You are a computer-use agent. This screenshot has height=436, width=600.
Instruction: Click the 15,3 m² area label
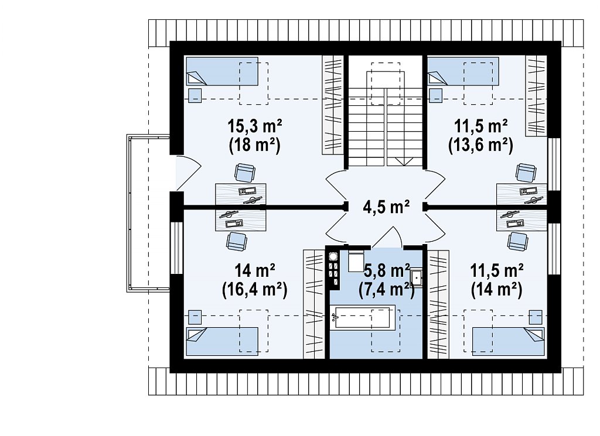coord(255,125)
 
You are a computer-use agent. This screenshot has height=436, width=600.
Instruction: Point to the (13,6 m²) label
coord(480,145)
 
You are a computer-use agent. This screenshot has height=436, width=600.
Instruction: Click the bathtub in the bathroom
coord(363,317)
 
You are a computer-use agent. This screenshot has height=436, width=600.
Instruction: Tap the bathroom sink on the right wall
coord(417,277)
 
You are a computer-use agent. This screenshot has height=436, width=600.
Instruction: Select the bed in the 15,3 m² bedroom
coord(222,71)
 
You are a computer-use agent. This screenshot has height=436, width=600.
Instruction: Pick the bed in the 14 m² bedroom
coord(222,341)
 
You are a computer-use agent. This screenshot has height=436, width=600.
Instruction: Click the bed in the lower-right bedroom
coord(508,341)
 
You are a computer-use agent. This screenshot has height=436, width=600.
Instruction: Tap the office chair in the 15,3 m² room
coord(244,173)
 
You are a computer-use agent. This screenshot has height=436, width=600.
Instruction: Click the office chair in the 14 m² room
coord(237,242)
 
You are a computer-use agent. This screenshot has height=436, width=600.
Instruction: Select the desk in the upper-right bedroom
coord(522,194)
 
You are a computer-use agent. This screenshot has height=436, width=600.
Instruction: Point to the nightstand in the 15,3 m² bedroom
coord(195,95)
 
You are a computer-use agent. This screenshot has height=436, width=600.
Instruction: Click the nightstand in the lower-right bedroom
coord(536,317)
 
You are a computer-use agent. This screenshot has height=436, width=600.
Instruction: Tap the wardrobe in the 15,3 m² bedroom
coord(333,105)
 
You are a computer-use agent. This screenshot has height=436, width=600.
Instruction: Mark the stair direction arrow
coord(404,162)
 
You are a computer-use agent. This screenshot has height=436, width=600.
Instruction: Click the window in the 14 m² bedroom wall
coord(177,248)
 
